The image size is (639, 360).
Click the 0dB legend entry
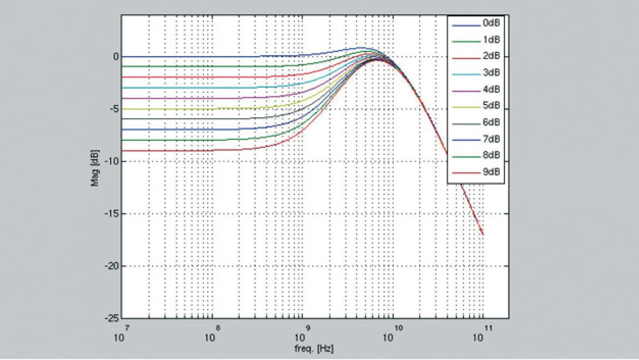[x=491, y=23]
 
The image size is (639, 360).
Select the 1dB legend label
[x=491, y=39]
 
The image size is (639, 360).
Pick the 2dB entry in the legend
[x=491, y=56]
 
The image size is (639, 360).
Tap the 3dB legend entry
[x=491, y=73]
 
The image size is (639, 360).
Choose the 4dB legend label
[x=491, y=89]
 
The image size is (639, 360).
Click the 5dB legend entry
[x=491, y=106]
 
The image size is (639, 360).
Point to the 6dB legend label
[x=491, y=122]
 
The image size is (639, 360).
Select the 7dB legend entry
[x=491, y=139]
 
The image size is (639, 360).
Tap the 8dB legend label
[x=491, y=155]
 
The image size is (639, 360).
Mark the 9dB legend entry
[x=491, y=172]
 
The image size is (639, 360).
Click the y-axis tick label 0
[x=116, y=57]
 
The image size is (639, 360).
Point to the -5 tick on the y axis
[x=114, y=109]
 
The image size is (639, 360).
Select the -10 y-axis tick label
[x=112, y=161]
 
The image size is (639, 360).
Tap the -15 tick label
[x=112, y=214]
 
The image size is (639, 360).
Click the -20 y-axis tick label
[x=112, y=266]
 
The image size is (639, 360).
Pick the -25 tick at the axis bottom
[x=112, y=318]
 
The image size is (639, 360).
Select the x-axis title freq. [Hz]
[x=314, y=349]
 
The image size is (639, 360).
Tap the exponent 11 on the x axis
[x=488, y=327]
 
